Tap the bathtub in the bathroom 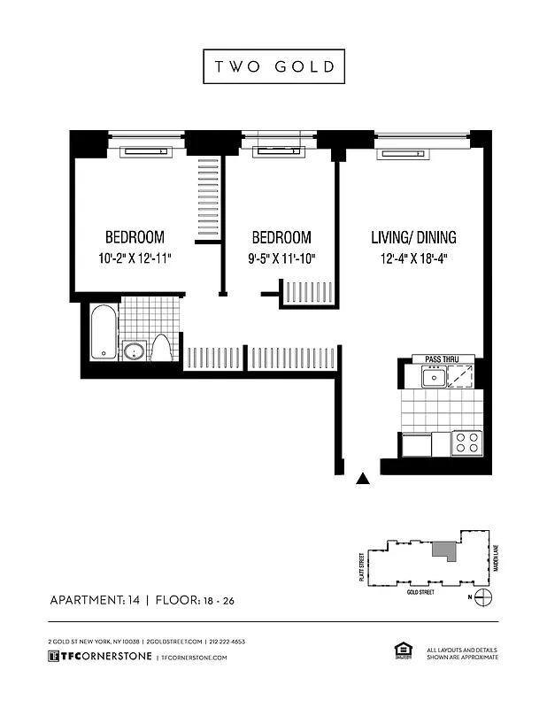[103, 332]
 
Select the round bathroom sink [135, 350]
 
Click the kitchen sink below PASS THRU [434, 378]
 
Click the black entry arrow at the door [361, 479]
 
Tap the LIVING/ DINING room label [412, 237]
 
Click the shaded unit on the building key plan [441, 550]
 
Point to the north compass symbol [482, 596]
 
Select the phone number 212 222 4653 [227, 641]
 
